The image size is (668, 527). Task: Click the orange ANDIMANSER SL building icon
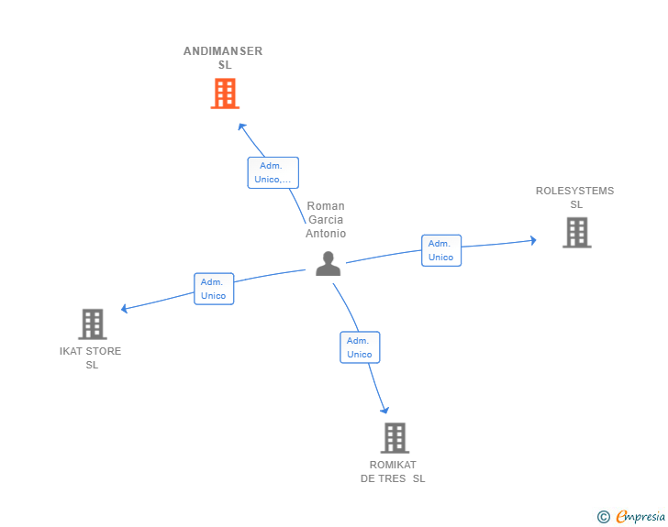pyautogui.click(x=225, y=93)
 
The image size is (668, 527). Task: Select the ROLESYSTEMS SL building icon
pyautogui.click(x=577, y=233)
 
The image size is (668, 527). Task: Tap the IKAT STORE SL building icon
pyautogui.click(x=93, y=324)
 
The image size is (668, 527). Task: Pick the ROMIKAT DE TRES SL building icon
pyautogui.click(x=395, y=437)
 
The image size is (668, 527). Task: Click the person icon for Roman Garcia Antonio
pyautogui.click(x=328, y=264)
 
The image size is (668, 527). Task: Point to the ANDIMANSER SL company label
pyautogui.click(x=223, y=58)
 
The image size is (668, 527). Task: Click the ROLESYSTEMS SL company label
pyautogui.click(x=574, y=198)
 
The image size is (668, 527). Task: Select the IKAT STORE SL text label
pyautogui.click(x=90, y=357)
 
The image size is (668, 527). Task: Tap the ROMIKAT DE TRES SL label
pyautogui.click(x=393, y=472)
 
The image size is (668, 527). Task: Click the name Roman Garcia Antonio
pyautogui.click(x=326, y=220)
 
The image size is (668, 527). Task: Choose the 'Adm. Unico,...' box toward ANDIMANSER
pyautogui.click(x=273, y=172)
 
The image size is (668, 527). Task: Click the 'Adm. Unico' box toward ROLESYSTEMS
pyautogui.click(x=441, y=250)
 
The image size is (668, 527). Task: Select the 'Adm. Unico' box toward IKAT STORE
pyautogui.click(x=214, y=289)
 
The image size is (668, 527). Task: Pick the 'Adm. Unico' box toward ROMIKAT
pyautogui.click(x=360, y=347)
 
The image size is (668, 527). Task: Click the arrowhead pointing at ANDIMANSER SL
pyautogui.click(x=241, y=126)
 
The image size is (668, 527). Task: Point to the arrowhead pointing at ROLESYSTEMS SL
pyautogui.click(x=532, y=240)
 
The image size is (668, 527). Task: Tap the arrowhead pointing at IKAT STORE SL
pyautogui.click(x=125, y=308)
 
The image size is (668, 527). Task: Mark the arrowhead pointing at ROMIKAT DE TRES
pyautogui.click(x=384, y=410)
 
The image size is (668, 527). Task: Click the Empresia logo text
pyautogui.click(x=640, y=516)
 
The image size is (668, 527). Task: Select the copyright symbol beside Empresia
pyautogui.click(x=604, y=517)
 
